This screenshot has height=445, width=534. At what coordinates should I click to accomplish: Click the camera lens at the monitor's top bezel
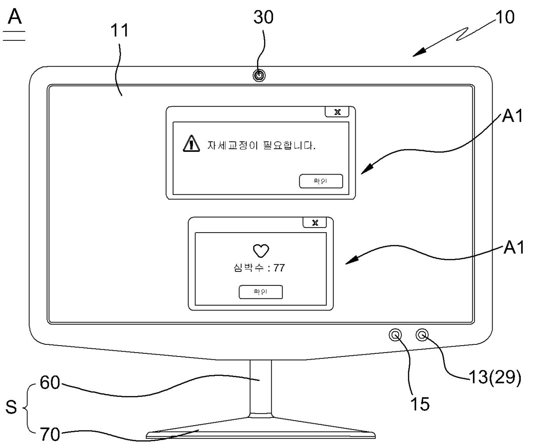[259, 76]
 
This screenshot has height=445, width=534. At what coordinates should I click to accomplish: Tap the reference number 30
[263, 17]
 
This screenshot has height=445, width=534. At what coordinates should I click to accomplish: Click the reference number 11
[120, 31]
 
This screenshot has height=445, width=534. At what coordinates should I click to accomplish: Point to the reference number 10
[505, 17]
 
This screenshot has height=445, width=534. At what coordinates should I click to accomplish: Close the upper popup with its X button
[337, 112]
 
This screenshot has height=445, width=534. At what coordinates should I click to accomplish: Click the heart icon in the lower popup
[261, 250]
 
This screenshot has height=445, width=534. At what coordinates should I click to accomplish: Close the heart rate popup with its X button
[315, 223]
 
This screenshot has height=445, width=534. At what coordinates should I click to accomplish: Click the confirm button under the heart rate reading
[261, 292]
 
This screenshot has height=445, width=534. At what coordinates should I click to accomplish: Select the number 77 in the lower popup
[279, 268]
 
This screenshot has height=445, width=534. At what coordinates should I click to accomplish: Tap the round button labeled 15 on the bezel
[395, 335]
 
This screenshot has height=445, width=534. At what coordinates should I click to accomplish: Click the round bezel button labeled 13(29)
[423, 335]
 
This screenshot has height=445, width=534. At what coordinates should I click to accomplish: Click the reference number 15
[419, 404]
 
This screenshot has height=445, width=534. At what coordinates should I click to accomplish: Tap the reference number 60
[50, 383]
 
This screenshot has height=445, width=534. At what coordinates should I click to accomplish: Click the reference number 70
[50, 434]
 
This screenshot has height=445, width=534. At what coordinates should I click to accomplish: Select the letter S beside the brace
[11, 407]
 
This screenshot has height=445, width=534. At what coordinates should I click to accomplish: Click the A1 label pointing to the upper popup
[513, 116]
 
